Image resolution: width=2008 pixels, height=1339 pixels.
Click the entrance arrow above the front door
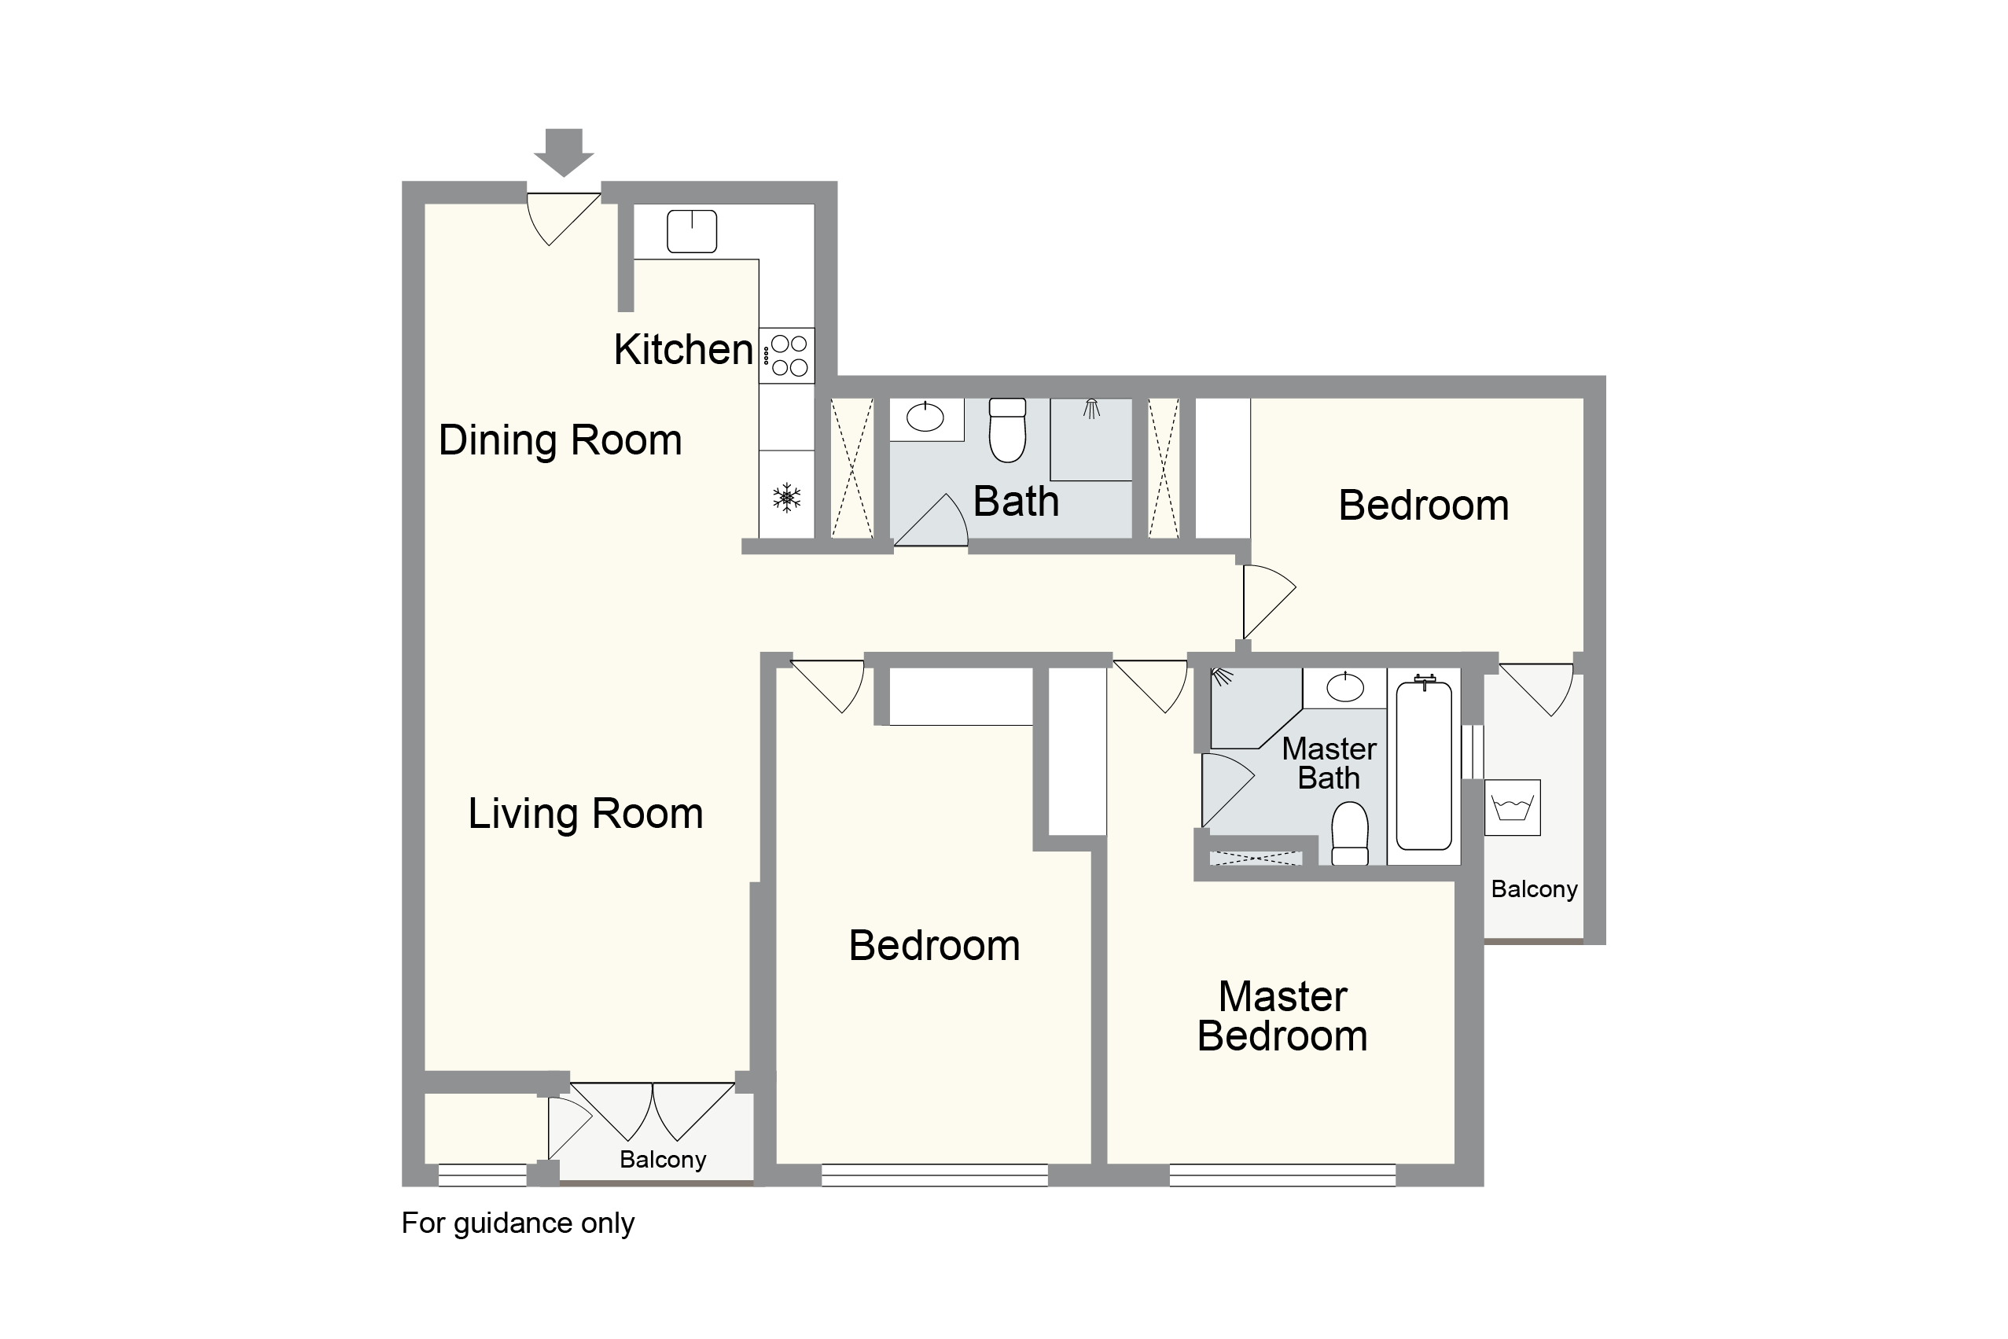(564, 152)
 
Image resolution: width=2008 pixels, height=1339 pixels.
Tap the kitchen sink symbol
(692, 231)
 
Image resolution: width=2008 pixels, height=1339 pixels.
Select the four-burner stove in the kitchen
(786, 355)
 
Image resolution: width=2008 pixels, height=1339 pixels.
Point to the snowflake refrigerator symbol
(786, 498)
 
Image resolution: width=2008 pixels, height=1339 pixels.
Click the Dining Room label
(560, 440)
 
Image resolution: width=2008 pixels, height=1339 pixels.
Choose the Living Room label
(586, 813)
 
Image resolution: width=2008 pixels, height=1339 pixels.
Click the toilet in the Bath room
(1007, 429)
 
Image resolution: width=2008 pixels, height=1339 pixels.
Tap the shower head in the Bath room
(1091, 409)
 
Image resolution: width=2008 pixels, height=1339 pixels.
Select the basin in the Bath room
(925, 418)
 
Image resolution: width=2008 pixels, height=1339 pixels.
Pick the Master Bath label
(1329, 763)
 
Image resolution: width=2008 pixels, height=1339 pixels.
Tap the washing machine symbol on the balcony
(1513, 807)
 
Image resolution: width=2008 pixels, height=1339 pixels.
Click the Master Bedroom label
(1282, 1016)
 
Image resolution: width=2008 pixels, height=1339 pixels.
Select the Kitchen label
(683, 349)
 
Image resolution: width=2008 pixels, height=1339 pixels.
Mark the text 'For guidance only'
(518, 1223)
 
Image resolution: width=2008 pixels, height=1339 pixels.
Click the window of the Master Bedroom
(1282, 1175)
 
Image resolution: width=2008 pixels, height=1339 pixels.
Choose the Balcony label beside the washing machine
(1534, 890)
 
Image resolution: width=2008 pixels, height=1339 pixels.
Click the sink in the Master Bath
(1345, 687)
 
